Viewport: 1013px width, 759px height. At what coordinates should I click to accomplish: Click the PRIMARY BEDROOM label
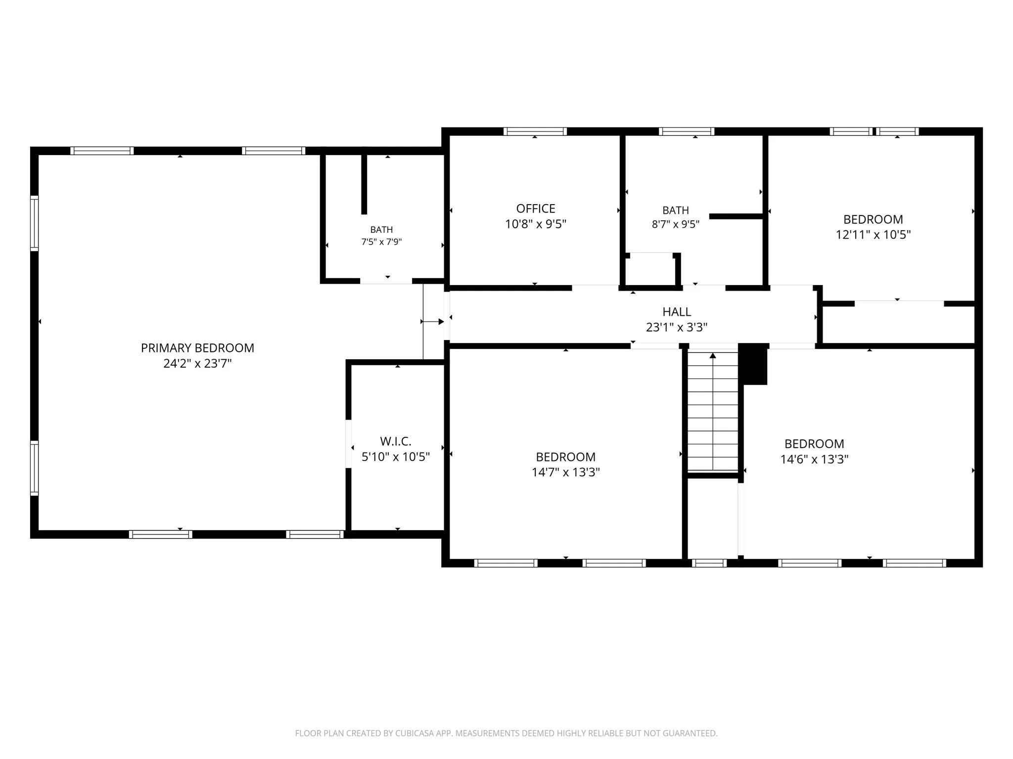click(x=197, y=348)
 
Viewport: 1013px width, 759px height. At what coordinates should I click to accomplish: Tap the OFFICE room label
click(x=536, y=209)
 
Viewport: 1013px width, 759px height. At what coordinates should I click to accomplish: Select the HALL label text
click(x=677, y=312)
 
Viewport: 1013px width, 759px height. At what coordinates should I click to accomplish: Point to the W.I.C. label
click(x=396, y=441)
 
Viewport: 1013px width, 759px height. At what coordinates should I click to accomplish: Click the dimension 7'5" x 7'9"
click(x=381, y=242)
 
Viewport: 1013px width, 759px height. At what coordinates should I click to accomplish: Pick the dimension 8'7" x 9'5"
click(x=676, y=224)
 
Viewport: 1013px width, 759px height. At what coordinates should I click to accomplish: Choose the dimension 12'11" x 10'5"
click(x=873, y=235)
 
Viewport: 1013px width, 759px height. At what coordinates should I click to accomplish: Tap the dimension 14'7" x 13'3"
click(x=566, y=472)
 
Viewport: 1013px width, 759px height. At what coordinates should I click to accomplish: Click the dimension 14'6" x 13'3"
click(x=814, y=459)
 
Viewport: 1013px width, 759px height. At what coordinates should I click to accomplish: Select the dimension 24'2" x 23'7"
click(x=197, y=364)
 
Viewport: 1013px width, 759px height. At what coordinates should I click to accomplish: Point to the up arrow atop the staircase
click(x=713, y=355)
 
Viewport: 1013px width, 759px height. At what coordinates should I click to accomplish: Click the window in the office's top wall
click(x=535, y=131)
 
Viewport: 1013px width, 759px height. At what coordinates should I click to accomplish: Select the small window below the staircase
click(x=709, y=563)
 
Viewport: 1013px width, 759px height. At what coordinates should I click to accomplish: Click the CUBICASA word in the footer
click(x=414, y=733)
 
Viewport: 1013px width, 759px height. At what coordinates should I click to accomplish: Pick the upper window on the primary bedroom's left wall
click(x=34, y=223)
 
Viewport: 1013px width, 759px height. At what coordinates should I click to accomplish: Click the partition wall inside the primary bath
click(x=364, y=184)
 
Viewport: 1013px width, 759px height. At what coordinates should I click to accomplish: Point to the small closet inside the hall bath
click(x=650, y=270)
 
